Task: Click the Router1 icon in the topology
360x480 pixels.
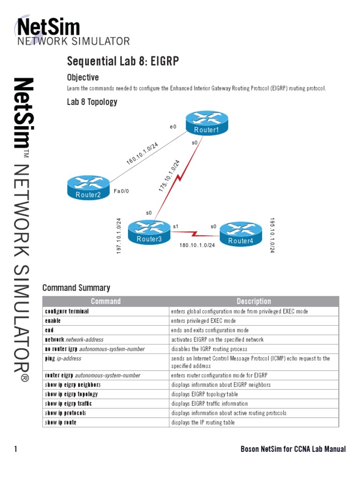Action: click(206, 123)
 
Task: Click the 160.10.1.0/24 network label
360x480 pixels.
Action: click(142, 153)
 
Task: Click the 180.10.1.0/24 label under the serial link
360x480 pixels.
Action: click(197, 245)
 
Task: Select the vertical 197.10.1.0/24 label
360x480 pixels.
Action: click(119, 236)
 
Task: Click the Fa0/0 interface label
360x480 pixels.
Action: click(121, 191)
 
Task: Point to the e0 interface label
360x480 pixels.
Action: click(173, 127)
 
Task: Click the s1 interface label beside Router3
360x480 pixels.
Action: click(176, 226)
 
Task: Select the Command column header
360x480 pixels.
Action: click(105, 301)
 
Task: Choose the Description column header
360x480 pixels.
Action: click(254, 301)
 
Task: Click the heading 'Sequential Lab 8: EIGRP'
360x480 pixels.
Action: click(123, 61)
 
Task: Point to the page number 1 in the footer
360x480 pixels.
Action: click(15, 449)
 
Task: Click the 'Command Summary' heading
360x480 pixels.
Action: click(76, 288)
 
